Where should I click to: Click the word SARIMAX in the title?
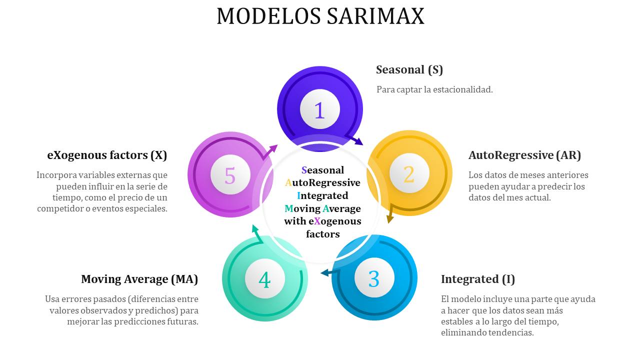coord(375,16)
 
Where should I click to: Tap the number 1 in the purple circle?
coord(319,110)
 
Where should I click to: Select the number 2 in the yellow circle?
coord(409,174)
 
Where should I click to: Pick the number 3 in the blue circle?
coord(374,279)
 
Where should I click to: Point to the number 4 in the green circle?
coord(264,279)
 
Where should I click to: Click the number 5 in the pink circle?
coord(230,175)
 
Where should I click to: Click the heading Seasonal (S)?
coord(409,69)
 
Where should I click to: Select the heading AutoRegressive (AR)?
coord(524,155)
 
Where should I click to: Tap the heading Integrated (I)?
coord(478,279)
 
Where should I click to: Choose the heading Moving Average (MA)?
coord(139,279)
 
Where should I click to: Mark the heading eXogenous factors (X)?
coord(107,155)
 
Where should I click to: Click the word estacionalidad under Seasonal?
coord(463,89)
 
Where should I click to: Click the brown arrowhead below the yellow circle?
coord(390,218)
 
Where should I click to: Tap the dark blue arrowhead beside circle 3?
coord(325,273)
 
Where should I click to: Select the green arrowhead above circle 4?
coord(255,229)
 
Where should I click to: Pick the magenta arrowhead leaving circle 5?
coord(273,148)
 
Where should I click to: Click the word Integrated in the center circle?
coord(322,195)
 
